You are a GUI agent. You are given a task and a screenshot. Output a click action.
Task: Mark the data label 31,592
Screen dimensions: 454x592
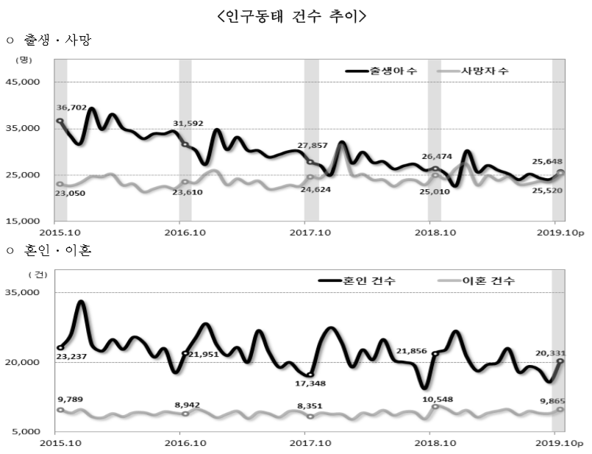point(188,123)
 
